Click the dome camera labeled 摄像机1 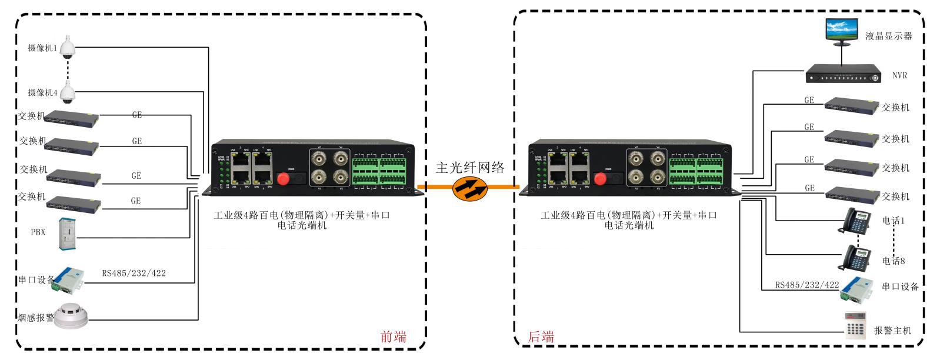click(68, 47)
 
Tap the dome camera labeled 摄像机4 click(68, 92)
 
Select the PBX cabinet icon click(67, 234)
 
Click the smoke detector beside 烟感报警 click(71, 316)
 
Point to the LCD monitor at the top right click(841, 32)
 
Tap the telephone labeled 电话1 click(857, 221)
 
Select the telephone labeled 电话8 click(857, 258)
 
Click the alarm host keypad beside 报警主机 click(856, 325)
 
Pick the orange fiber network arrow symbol click(470, 188)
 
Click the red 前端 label click(393, 336)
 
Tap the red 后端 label click(541, 336)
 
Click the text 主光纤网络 click(470, 168)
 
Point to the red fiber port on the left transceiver click(284, 178)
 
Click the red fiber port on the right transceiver click(600, 178)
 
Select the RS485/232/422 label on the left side click(134, 273)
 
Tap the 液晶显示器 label click(888, 36)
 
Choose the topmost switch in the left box click(72, 118)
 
